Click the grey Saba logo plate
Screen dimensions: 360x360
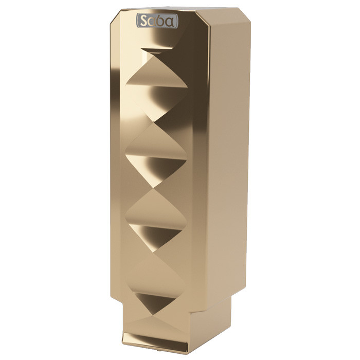coord(157,21)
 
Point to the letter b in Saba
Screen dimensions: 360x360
coord(161,21)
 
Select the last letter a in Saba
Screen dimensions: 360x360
coord(170,22)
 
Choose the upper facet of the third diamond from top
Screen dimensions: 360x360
coord(156,209)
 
